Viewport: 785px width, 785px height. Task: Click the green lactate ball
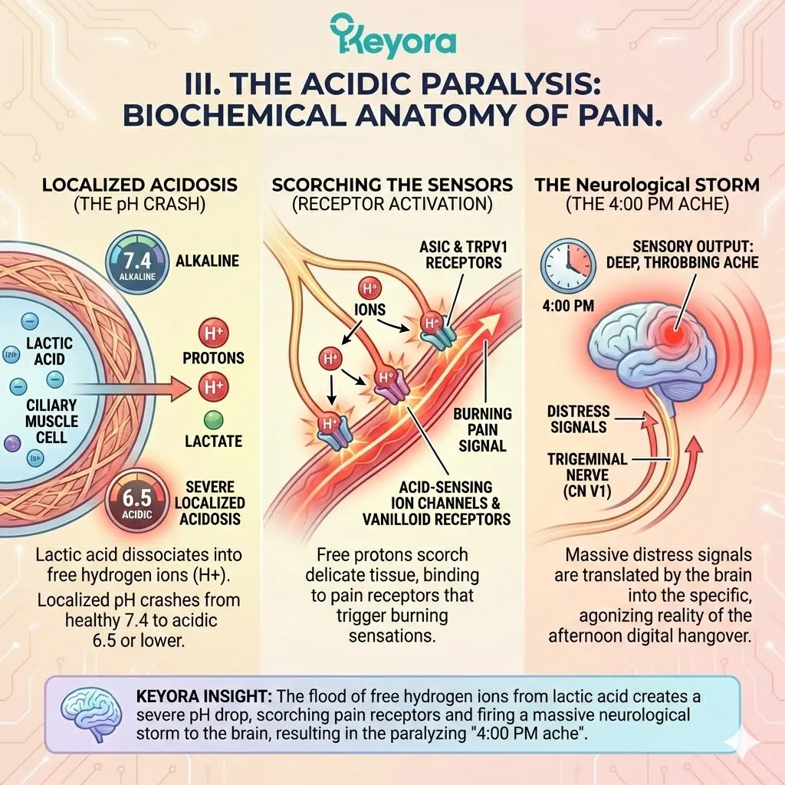[213, 419]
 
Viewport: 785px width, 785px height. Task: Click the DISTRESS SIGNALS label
[580, 419]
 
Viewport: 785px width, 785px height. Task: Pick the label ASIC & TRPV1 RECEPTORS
[461, 254]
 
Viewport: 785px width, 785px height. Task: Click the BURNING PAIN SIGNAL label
[482, 429]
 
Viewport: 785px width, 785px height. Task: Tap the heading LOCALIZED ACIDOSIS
[139, 186]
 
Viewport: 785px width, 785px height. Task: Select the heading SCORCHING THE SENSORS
[392, 186]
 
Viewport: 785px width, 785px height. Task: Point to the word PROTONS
[213, 358]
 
